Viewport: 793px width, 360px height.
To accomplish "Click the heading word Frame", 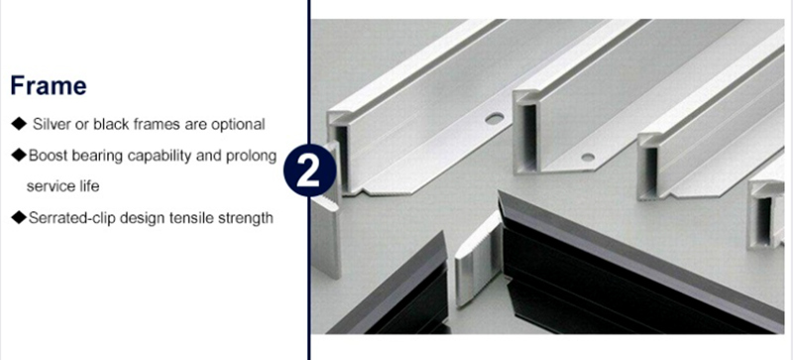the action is click(49, 85).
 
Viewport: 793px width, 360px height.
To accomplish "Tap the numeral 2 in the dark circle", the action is click(308, 171).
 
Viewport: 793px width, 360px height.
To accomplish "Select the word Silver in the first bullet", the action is click(52, 124).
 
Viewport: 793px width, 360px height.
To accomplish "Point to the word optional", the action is click(238, 125).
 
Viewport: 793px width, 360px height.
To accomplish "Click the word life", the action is click(89, 185).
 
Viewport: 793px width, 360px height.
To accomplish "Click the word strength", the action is click(245, 218).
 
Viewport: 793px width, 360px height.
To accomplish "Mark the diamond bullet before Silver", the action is click(19, 124).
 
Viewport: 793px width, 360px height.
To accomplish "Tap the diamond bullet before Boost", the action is click(19, 155).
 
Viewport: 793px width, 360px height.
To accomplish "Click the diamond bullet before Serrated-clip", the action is click(19, 217).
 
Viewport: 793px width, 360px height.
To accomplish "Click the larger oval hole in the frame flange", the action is click(494, 119).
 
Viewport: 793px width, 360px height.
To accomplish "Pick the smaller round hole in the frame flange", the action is click(588, 157).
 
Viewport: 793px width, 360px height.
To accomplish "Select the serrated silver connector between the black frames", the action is click(478, 258).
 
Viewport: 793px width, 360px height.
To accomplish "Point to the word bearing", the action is click(97, 157).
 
